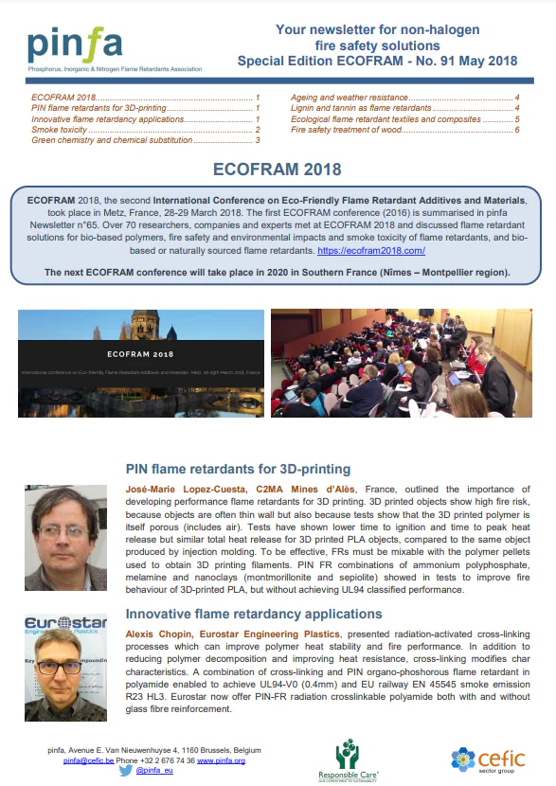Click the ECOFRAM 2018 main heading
coord(278,170)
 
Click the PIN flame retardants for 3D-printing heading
coord(238,469)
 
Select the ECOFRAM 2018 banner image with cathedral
coord(141,364)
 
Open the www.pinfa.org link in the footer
coord(219,760)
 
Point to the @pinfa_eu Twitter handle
coord(152,773)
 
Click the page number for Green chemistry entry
coord(257,140)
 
